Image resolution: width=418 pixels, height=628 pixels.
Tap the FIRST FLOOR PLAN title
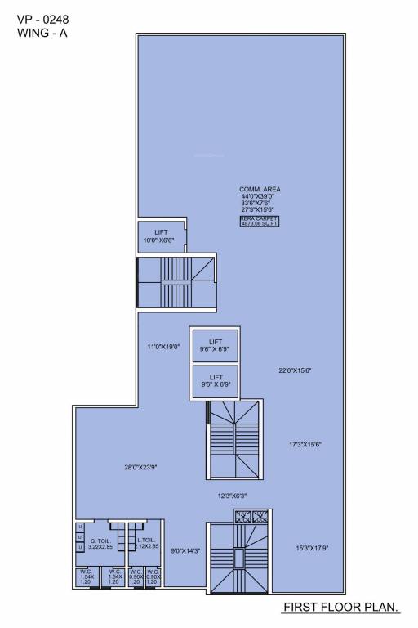pyautogui.click(x=340, y=608)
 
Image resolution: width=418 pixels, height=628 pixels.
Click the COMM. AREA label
pyautogui.click(x=260, y=189)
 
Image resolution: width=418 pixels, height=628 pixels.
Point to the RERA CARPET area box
pyautogui.click(x=260, y=222)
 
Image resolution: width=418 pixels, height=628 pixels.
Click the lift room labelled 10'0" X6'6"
pyautogui.click(x=161, y=236)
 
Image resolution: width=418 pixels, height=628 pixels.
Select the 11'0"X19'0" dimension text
pyautogui.click(x=162, y=347)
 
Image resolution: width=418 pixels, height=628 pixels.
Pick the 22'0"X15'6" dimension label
pyautogui.click(x=296, y=370)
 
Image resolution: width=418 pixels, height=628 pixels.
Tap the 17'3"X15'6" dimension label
pyautogui.click(x=305, y=444)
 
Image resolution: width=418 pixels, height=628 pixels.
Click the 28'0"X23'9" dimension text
pyautogui.click(x=140, y=467)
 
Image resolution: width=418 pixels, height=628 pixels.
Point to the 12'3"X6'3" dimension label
pyautogui.click(x=232, y=496)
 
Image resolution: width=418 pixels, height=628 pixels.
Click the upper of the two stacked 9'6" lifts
pyautogui.click(x=216, y=345)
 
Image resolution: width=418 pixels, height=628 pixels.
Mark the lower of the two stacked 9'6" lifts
pyautogui.click(x=216, y=380)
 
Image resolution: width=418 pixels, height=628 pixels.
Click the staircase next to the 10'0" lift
pyautogui.click(x=175, y=280)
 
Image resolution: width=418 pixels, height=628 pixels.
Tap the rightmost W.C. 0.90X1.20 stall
pyautogui.click(x=153, y=576)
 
